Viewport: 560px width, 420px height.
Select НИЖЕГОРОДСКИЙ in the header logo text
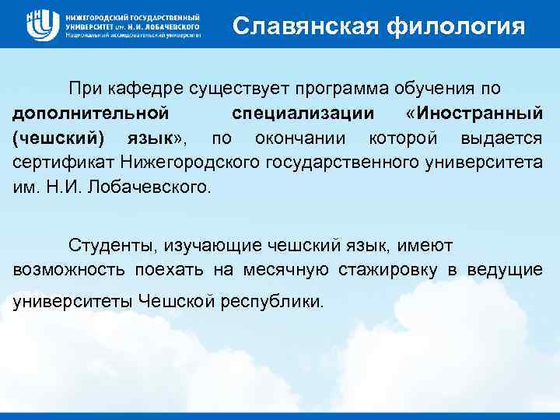96,16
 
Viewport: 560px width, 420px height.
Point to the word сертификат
61,163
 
